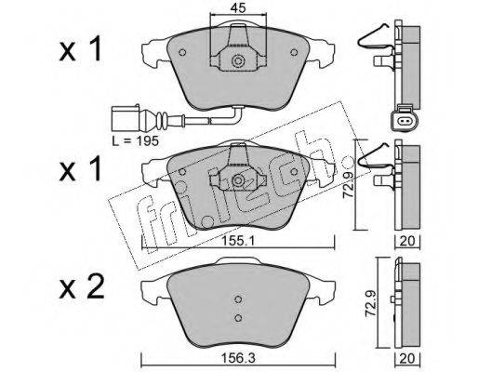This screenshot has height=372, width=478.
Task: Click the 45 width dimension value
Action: coord(238,8)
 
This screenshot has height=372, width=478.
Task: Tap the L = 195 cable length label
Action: coord(135,141)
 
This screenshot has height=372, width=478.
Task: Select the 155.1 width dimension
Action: coord(238,241)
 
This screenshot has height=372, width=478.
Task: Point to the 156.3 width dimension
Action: coord(238,359)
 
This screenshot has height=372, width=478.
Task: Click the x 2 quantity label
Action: coord(82,287)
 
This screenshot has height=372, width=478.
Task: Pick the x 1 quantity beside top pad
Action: coord(80,49)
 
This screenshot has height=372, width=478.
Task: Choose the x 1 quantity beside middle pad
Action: coord(80,169)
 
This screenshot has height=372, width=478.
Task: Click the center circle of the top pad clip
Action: coord(238,60)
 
